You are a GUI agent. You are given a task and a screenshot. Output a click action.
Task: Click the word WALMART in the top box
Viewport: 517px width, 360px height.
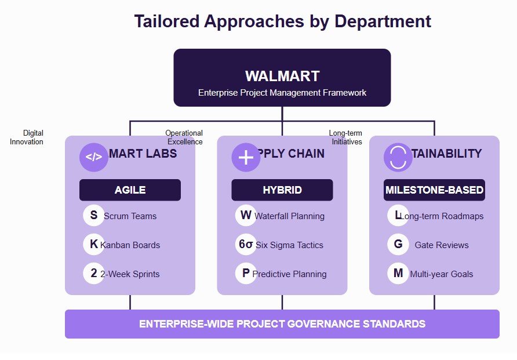click(x=282, y=76)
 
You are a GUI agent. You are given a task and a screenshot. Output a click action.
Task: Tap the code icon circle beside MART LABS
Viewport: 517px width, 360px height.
click(x=94, y=157)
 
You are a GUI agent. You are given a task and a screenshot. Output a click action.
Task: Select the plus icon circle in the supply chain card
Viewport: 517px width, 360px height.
click(x=246, y=157)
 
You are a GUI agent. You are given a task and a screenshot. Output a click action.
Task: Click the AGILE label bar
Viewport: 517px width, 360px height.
click(x=130, y=190)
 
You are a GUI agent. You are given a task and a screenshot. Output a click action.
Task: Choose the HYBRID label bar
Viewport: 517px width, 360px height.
click(x=282, y=190)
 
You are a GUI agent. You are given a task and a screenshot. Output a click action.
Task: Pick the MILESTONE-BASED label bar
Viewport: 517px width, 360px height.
click(x=434, y=190)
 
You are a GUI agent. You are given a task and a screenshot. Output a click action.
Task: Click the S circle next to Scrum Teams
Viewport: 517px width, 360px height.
click(x=94, y=216)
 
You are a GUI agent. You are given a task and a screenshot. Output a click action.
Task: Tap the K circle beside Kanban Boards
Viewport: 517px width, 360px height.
click(x=94, y=245)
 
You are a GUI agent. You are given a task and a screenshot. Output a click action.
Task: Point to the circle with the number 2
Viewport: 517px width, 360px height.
click(x=94, y=274)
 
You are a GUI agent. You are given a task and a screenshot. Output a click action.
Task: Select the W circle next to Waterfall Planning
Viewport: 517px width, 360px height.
click(x=246, y=216)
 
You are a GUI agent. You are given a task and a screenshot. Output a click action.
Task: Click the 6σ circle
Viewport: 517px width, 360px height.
click(x=246, y=245)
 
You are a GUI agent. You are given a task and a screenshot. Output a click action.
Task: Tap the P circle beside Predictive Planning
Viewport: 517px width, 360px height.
click(x=246, y=274)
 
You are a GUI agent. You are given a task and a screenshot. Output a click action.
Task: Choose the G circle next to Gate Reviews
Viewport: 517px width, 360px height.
click(x=398, y=245)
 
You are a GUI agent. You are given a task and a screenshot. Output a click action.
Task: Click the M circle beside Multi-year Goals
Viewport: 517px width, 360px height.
click(x=398, y=274)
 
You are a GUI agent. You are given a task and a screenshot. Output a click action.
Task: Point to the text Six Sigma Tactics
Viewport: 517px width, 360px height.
click(x=290, y=245)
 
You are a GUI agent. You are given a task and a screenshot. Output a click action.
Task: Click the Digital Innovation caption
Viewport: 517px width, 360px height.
click(x=27, y=137)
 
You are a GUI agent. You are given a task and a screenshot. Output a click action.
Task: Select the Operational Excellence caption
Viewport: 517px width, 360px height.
click(x=184, y=137)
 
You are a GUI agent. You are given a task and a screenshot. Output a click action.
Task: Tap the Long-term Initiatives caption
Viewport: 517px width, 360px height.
click(x=346, y=137)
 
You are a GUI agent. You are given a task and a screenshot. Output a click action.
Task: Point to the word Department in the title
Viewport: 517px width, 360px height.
click(x=383, y=21)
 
